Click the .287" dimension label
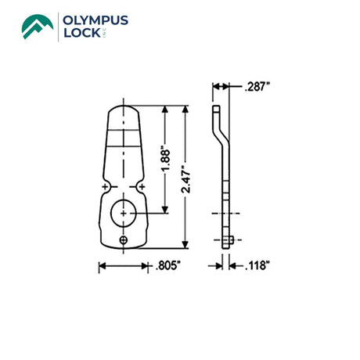[x=257, y=87]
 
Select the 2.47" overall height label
[x=186, y=179]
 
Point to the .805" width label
[x=167, y=266]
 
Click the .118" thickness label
[x=257, y=266]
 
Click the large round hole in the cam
[x=124, y=213]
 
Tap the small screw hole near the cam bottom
[x=124, y=240]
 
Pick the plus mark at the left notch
[x=105, y=186]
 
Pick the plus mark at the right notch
[x=142, y=186]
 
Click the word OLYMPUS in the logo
[x=95, y=20]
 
